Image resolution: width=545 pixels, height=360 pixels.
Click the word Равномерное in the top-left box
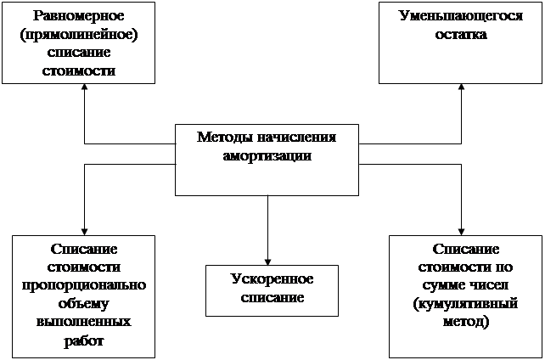pyautogui.click(x=77, y=16)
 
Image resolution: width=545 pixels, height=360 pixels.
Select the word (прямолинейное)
pyautogui.click(x=77, y=35)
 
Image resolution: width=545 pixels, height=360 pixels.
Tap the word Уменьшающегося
pyautogui.click(x=460, y=16)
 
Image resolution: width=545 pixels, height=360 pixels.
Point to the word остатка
pyautogui.click(x=460, y=35)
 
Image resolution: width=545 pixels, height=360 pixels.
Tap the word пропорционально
pyautogui.click(x=84, y=285)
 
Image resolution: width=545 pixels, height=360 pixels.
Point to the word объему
pyautogui.click(x=84, y=304)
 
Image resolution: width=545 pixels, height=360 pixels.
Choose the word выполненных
pyautogui.click(x=84, y=323)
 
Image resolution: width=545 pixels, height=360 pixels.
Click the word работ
pyautogui.click(x=84, y=341)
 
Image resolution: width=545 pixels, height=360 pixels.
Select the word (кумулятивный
pyautogui.click(x=461, y=304)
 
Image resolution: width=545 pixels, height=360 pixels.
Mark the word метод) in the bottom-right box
pyautogui.click(x=461, y=323)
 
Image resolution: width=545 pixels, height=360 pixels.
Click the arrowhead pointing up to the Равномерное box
pyautogui.click(x=85, y=87)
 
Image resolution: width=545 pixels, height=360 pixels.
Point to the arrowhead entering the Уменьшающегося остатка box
pyautogui.click(x=461, y=87)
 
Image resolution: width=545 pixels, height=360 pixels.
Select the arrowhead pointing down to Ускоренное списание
pyautogui.click(x=267, y=260)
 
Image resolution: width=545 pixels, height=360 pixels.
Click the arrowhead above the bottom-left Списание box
pyautogui.click(x=85, y=230)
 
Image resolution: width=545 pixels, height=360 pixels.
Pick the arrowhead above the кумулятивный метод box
pyautogui.click(x=461, y=230)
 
